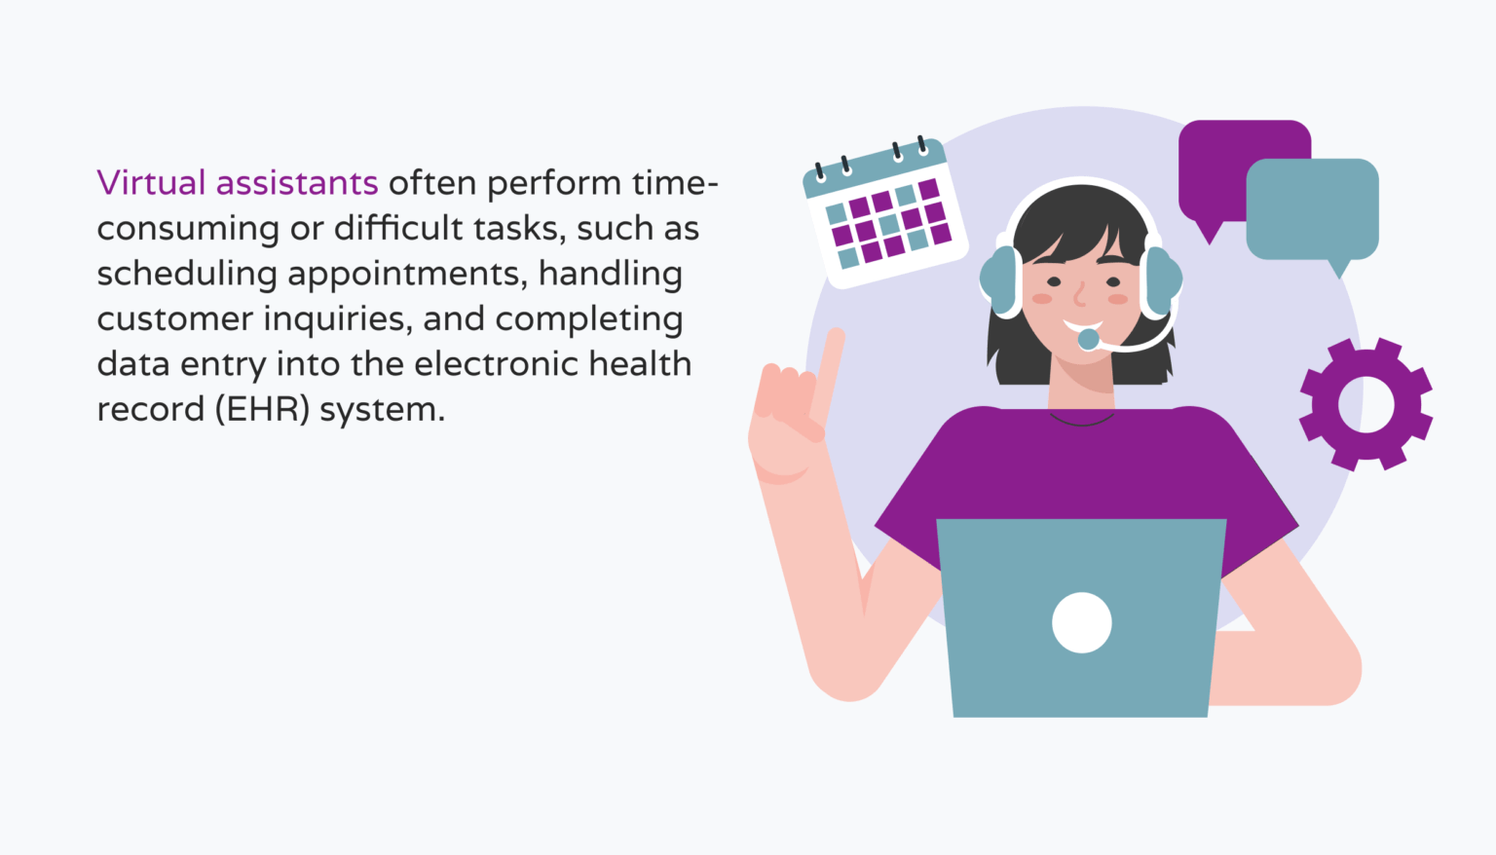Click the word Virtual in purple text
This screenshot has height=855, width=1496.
151,183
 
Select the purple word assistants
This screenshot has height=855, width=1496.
296,183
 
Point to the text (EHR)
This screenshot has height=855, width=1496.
261,409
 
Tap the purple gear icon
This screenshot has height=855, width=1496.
1365,404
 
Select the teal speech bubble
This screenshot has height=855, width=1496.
1312,209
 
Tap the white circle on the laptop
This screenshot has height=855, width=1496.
1081,622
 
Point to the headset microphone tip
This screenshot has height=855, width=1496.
1088,339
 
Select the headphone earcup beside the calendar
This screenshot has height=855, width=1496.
999,280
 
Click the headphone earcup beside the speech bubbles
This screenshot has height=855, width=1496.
1160,279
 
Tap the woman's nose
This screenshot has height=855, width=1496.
1078,292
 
